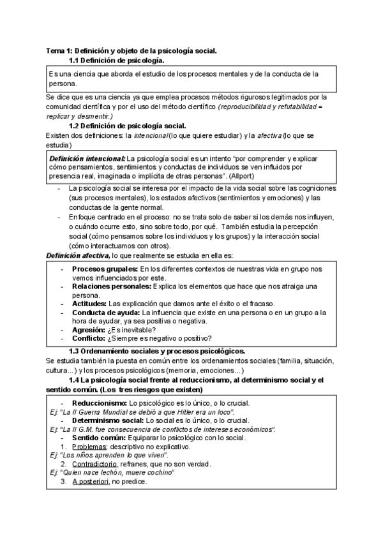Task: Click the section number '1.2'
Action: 75,126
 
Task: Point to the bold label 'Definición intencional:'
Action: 87,157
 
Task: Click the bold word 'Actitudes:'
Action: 89,304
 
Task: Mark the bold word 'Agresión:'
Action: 88,330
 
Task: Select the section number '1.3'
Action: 75,351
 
